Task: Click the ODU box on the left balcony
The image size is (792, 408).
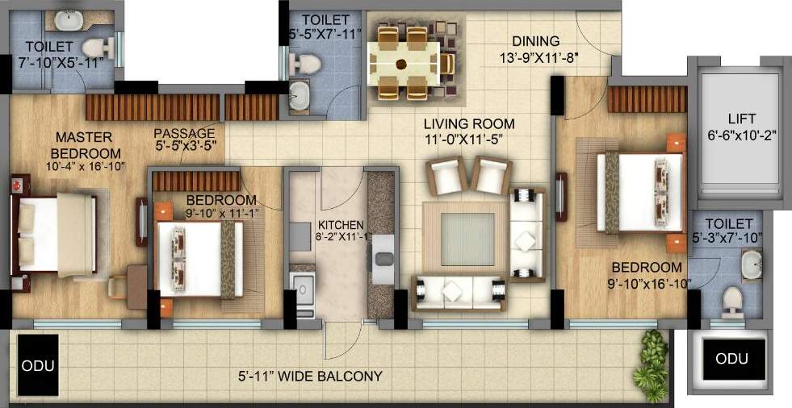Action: [37, 364]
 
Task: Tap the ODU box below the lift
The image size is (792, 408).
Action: [731, 358]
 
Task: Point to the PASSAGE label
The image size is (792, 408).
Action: [185, 133]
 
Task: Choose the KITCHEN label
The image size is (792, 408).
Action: [341, 223]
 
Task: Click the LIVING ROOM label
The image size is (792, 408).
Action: [470, 123]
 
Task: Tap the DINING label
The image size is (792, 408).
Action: [535, 41]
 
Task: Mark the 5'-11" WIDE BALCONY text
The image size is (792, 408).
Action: [310, 376]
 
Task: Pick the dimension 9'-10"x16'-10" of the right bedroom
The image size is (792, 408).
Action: [645, 282]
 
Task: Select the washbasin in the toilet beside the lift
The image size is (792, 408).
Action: [751, 262]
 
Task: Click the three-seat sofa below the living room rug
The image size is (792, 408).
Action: [458, 290]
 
